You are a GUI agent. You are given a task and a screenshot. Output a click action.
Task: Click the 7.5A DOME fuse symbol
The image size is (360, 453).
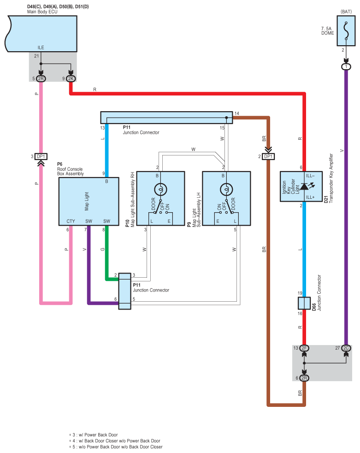point(346,30)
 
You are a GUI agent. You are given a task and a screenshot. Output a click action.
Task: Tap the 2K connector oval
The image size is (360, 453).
point(71,78)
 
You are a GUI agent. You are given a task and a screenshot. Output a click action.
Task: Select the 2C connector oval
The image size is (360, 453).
point(346,348)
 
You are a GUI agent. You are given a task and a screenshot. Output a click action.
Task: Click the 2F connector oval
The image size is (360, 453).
point(304,348)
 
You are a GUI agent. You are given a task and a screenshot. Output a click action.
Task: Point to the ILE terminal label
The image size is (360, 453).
point(41,48)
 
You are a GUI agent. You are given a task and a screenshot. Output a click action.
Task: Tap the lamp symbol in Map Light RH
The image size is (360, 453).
point(160,190)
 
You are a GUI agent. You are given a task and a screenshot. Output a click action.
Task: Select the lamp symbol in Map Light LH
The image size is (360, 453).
point(226,190)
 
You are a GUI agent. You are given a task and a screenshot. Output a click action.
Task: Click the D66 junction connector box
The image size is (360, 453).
point(304,303)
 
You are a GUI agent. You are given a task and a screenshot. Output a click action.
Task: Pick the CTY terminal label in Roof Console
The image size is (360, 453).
point(71,221)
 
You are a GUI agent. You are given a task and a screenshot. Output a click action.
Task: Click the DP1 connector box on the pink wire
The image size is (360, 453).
point(41,156)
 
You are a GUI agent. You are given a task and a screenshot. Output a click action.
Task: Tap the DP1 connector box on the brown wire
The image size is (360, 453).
point(268,156)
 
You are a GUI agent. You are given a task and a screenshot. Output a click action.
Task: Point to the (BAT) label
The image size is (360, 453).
point(346,12)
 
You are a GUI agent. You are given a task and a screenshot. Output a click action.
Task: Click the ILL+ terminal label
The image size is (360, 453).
point(310,197)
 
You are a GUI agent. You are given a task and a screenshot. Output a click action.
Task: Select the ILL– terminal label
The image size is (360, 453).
point(310,176)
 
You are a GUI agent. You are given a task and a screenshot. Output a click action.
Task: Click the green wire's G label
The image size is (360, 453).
point(102,249)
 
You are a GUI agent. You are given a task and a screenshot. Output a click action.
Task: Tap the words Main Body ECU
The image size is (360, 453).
point(42,12)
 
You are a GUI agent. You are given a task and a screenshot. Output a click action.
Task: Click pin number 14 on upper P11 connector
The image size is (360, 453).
point(237,113)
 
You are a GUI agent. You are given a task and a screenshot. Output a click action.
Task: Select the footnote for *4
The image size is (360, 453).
point(115,441)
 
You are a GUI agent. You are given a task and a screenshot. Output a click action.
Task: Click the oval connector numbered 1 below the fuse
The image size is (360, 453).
point(346,67)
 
